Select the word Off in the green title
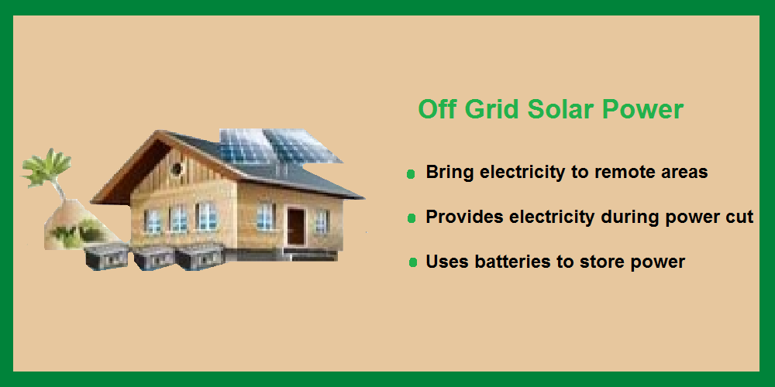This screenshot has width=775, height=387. tap(439, 109)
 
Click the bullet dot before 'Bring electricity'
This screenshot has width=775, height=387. tap(410, 173)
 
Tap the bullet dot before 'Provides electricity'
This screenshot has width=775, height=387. tap(412, 218)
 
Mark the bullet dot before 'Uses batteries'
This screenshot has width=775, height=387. tap(413, 262)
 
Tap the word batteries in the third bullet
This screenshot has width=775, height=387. tap(513, 262)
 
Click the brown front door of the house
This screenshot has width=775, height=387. tap(296, 227)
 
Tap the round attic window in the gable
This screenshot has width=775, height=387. tap(177, 169)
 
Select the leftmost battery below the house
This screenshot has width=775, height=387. tap(105, 257)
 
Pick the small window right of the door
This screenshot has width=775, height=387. tap(322, 221)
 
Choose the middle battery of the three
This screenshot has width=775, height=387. tap(153, 258)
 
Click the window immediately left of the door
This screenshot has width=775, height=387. tap(266, 217)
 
